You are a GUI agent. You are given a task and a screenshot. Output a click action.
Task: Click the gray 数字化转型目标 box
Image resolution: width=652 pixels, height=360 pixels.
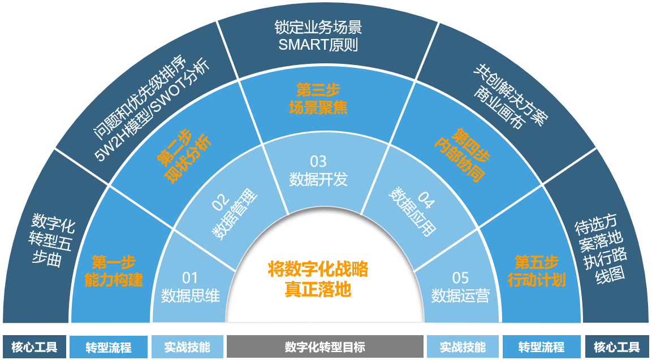[x=325, y=346]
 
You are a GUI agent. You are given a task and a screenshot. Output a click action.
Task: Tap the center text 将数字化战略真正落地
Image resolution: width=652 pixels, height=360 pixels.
[x=318, y=279]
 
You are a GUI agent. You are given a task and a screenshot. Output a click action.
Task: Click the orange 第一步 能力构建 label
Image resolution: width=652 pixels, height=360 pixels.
[x=114, y=271]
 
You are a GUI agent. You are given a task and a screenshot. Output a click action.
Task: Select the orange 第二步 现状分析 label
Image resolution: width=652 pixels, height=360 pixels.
[x=184, y=156]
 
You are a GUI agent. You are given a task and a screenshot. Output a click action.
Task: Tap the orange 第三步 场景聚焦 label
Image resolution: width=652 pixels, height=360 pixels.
[x=318, y=99]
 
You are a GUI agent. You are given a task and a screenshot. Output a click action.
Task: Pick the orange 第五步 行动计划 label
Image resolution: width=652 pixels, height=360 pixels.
[x=537, y=271]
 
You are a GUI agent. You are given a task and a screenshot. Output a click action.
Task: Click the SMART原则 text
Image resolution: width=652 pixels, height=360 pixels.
[x=318, y=45]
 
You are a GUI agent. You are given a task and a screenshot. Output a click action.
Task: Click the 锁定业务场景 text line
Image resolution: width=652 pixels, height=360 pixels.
[x=318, y=28]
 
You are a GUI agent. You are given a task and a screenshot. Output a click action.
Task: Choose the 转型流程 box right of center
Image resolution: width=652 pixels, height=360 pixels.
[x=541, y=346]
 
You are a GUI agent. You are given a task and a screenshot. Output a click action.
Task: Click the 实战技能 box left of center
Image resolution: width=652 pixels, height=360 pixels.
[x=187, y=346]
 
